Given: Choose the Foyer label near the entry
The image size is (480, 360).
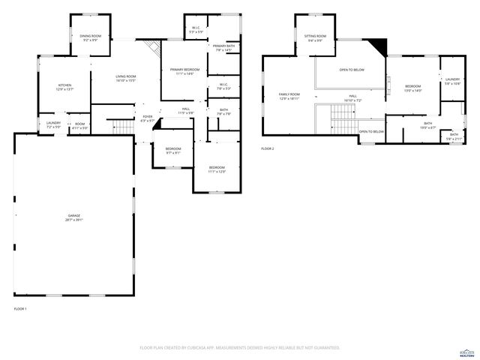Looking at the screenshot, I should (x=148, y=118).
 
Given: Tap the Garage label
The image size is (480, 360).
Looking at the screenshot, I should (x=73, y=217).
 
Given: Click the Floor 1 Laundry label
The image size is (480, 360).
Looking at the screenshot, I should (x=53, y=124).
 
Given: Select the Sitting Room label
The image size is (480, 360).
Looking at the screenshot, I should (x=315, y=37).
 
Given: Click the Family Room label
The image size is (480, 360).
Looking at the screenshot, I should (x=289, y=96).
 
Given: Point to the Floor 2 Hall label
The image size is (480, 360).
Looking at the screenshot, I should (x=352, y=98).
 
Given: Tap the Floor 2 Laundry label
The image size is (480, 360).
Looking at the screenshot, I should (x=452, y=80).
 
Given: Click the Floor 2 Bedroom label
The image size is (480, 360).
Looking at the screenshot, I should (x=413, y=88).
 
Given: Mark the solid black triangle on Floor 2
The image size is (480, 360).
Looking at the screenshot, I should (x=381, y=48).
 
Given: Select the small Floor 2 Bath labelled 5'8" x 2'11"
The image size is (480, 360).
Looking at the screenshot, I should (x=454, y=136).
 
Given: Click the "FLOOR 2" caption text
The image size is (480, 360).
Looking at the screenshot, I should (x=268, y=149).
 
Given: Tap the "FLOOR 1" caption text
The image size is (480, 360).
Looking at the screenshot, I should (x=20, y=309).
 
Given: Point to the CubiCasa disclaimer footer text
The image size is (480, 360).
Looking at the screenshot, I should (x=240, y=348).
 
